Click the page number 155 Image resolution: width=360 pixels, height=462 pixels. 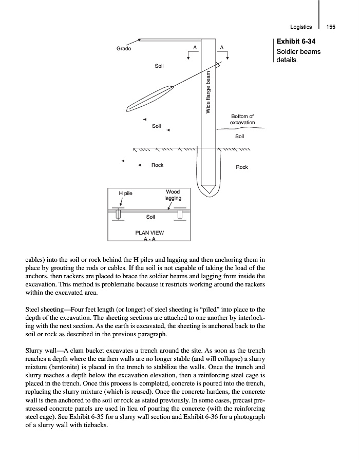(x=331, y=27)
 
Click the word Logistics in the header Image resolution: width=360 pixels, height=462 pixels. (x=301, y=27)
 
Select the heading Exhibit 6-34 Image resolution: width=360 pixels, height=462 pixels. (x=295, y=42)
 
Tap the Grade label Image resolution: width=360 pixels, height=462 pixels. (x=124, y=49)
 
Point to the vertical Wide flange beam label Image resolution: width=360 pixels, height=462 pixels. (x=209, y=93)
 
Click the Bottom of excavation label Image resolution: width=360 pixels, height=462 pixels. (x=242, y=120)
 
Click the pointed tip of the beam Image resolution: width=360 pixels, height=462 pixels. (x=209, y=194)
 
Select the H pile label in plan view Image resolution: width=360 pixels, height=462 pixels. (x=125, y=194)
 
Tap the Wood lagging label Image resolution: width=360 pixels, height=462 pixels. (x=173, y=195)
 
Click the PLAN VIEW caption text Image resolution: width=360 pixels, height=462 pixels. (x=149, y=233)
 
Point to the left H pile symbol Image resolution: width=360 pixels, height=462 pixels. (x=118, y=213)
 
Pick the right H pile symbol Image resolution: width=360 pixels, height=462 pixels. (x=180, y=213)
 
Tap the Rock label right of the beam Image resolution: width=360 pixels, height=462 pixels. (x=241, y=167)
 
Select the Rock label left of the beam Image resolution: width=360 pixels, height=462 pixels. (x=157, y=165)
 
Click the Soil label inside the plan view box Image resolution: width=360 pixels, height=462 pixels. (x=150, y=217)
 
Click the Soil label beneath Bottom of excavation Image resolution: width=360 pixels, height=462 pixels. (x=240, y=137)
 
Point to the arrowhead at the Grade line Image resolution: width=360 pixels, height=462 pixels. (x=140, y=40)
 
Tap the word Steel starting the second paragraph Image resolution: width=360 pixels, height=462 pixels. (x=34, y=310)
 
